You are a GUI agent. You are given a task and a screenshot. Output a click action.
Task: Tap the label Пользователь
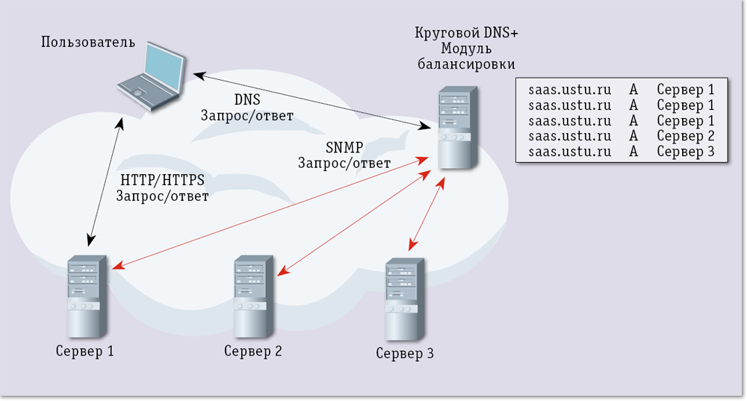point(89,41)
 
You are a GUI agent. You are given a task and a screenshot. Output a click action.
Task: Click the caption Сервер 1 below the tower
point(84,351)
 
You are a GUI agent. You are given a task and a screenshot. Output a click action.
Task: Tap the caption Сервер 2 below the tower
point(252,351)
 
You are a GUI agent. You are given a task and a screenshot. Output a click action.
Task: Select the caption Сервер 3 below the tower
point(404,353)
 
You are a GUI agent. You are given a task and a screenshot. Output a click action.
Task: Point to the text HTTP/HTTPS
point(162,180)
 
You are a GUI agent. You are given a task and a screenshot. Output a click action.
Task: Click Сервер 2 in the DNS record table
point(686,137)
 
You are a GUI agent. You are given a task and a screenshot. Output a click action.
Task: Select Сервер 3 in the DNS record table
point(686,152)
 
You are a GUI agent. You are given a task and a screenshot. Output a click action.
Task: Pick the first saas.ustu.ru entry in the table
point(569,90)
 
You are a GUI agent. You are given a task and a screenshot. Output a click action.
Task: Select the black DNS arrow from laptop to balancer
point(314,102)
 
